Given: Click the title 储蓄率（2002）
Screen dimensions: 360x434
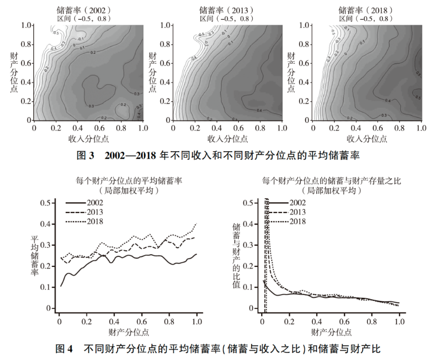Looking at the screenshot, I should [83, 10].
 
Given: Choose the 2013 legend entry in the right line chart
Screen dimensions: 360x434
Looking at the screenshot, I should [297, 212].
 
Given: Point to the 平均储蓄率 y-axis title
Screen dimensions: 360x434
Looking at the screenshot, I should [34, 255].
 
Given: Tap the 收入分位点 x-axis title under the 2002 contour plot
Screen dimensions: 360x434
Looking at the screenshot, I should [88, 138].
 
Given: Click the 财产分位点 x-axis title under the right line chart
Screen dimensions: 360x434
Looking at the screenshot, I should [331, 332].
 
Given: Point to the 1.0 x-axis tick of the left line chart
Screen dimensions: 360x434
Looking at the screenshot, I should [197, 321].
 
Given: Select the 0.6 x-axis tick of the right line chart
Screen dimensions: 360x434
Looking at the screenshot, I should [345, 321].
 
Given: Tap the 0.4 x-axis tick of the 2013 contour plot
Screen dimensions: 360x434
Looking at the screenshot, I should [214, 128].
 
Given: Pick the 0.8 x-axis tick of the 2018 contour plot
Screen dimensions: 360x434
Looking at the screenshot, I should [399, 128].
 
